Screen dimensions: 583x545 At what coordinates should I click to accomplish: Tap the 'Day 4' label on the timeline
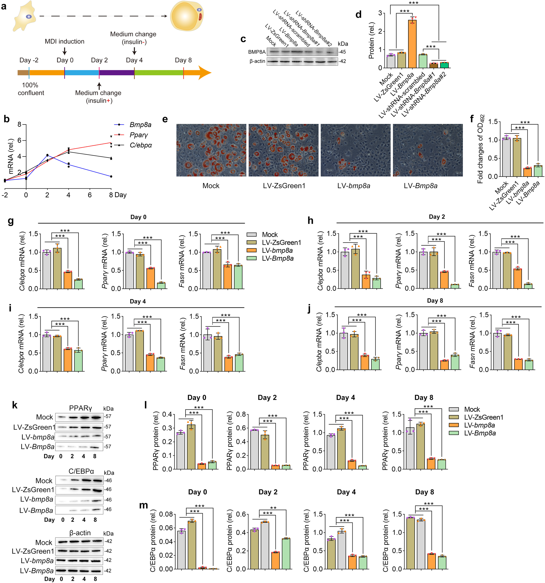point(134,60)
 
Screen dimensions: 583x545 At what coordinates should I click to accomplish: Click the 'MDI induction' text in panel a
point(65,41)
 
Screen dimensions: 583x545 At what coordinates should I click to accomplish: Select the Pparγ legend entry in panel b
point(138,135)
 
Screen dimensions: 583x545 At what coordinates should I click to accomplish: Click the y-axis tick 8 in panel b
point(20,124)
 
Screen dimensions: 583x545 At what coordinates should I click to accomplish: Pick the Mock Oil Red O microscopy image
point(211,150)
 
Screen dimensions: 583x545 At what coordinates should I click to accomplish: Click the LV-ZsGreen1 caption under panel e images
point(284,186)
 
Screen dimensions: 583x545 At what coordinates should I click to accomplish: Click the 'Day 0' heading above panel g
point(138,217)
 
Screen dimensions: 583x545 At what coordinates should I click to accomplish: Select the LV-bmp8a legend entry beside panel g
point(277,250)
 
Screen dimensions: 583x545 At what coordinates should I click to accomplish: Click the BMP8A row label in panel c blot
point(256,52)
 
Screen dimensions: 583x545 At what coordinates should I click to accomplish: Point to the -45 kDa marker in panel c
point(342,52)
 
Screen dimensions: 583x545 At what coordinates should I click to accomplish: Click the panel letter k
point(15,405)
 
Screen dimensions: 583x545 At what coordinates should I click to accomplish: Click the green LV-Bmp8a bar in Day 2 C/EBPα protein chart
point(286,553)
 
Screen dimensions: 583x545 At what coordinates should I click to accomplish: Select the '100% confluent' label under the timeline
point(31,89)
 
